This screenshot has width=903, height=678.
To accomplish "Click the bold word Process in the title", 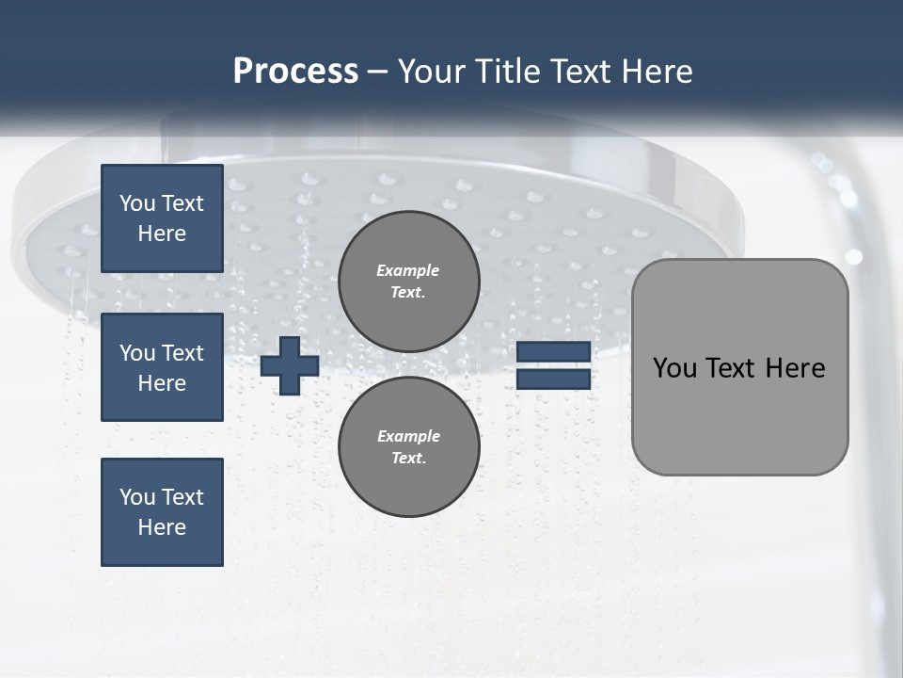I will [x=295, y=72].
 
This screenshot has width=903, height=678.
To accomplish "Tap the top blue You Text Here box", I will [x=162, y=218].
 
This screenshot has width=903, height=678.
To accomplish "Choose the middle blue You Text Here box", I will [x=162, y=367].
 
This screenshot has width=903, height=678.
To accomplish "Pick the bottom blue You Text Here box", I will [x=162, y=512].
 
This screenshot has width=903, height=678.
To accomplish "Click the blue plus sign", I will [x=290, y=365].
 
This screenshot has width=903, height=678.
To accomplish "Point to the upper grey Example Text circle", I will [x=408, y=281].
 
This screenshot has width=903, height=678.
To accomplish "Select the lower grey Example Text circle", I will [x=408, y=446].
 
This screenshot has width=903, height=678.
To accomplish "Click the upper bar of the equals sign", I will [x=553, y=352].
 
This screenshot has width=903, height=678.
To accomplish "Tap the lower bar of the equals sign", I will [x=553, y=379].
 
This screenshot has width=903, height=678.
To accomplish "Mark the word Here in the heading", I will [x=657, y=72].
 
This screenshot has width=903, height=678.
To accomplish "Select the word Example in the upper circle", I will [x=407, y=270].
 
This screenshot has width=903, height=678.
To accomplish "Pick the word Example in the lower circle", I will [x=408, y=436].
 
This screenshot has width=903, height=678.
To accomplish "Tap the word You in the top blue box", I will [x=136, y=203].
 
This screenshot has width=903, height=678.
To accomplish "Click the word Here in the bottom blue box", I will [x=162, y=527].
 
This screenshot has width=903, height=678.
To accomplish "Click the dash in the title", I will [x=378, y=72].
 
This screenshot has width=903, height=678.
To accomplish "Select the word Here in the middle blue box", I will [x=162, y=383].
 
